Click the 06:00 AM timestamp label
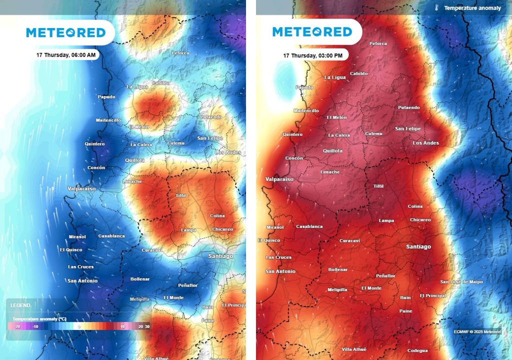point(66,55)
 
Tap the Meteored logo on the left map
point(66,33)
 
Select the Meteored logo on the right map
point(312,32)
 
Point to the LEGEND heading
point(20,305)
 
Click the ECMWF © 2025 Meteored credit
point(477,331)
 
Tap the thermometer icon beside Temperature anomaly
point(436,8)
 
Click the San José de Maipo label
point(461,282)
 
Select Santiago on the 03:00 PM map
point(418,246)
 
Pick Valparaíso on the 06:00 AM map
point(81,188)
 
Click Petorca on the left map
point(180,53)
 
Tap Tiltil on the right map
point(378,186)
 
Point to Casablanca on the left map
point(111,236)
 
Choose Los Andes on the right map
point(425,143)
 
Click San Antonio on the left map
point(83,280)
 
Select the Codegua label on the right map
point(417,350)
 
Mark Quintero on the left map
point(94,144)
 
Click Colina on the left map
point(217,216)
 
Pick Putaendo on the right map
point(409,107)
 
